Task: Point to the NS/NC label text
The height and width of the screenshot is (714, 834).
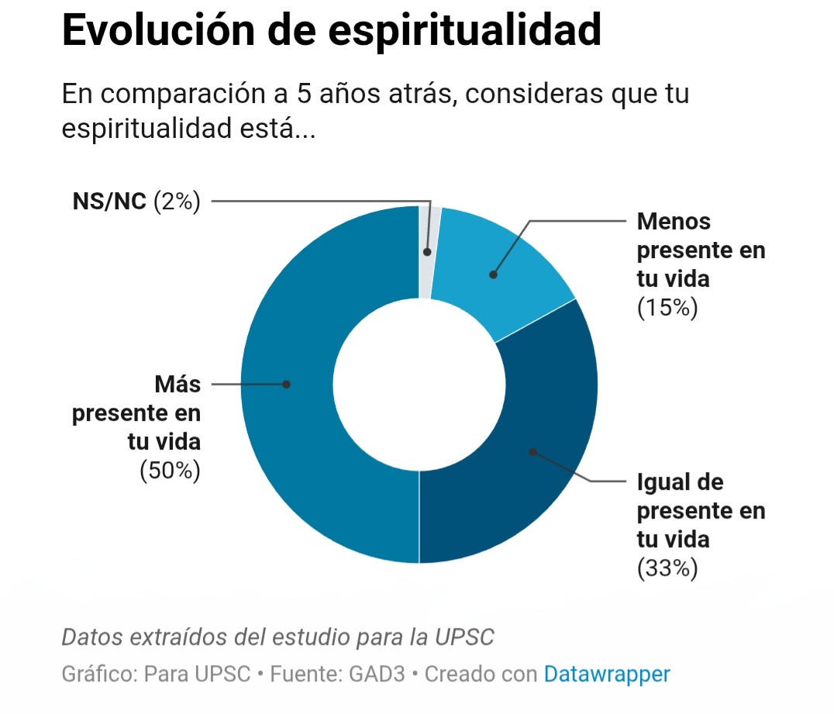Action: [109, 202]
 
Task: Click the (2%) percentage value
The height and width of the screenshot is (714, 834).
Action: [177, 202]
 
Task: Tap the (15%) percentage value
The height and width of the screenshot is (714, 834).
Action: [667, 308]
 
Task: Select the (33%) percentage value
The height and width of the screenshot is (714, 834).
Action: [667, 568]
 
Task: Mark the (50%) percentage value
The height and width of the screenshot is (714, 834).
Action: [170, 471]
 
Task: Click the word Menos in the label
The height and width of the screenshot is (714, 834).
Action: [673, 221]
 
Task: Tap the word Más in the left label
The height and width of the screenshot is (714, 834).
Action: [177, 384]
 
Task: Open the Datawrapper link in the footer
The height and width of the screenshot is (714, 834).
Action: [606, 674]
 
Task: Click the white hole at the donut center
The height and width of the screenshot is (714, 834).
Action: [419, 384]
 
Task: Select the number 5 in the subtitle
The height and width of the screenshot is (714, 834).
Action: [305, 95]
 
